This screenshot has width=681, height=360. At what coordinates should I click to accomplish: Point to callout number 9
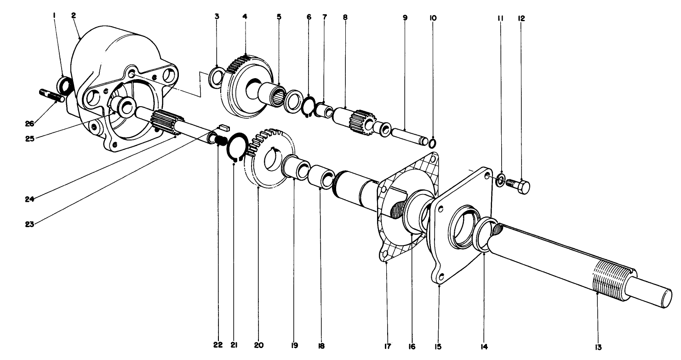[405, 17]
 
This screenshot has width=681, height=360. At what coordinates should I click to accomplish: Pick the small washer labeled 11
[501, 179]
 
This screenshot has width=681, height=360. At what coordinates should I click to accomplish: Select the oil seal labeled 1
[65, 86]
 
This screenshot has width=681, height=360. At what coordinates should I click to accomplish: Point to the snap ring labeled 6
[308, 109]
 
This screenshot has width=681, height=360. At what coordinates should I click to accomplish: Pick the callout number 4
[245, 17]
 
